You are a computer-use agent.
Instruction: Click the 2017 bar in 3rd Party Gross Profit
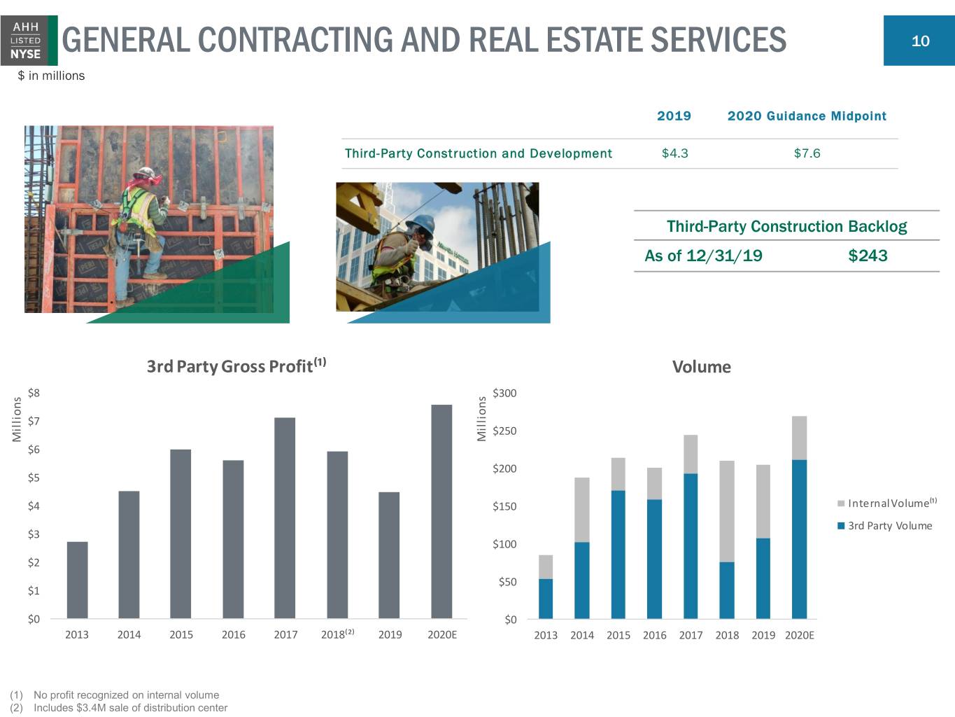tap(285, 517)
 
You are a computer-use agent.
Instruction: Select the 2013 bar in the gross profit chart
tap(77, 580)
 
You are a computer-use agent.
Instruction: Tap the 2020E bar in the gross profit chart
tap(441, 512)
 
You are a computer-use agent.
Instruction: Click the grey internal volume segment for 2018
tap(727, 511)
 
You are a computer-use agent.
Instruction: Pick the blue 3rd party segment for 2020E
tap(799, 539)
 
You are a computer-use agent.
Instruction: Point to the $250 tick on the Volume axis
tap(504, 431)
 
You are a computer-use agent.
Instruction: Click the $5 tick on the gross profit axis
tap(34, 478)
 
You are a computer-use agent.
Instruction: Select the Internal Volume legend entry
tap(887, 503)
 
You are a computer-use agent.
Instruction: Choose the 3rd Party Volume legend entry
tap(884, 525)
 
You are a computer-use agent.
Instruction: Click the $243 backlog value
tap(868, 256)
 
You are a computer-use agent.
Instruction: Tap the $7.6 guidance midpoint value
tap(807, 153)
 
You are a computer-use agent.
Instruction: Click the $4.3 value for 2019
tap(675, 153)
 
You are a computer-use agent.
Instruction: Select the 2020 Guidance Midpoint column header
tap(807, 116)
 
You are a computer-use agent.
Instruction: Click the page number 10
tap(920, 41)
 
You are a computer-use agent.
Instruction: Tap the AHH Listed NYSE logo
tap(29, 41)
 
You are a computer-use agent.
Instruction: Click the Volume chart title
tap(701, 367)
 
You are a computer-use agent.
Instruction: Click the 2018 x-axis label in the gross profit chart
tap(338, 634)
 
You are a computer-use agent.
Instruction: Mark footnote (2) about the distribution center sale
tap(118, 708)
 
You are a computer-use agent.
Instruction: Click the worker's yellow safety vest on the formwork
tap(139, 209)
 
